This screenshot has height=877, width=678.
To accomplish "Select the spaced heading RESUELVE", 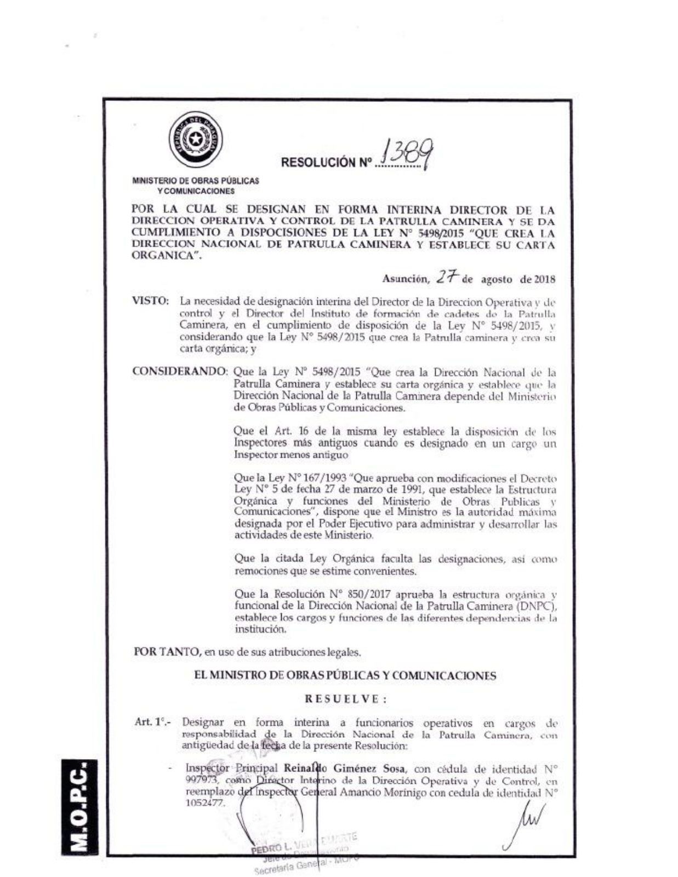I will (345, 698).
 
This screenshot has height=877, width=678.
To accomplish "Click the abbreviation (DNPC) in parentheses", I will (536, 606).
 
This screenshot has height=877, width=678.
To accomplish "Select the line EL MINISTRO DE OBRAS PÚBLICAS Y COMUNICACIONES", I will (345, 675).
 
